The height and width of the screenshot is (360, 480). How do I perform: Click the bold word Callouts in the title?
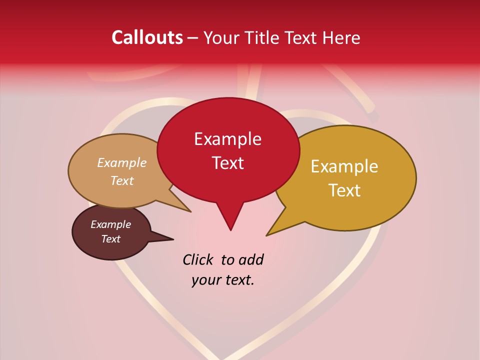(x=147, y=37)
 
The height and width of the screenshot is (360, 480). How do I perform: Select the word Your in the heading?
(x=222, y=37)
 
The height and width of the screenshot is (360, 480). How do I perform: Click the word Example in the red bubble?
(x=227, y=139)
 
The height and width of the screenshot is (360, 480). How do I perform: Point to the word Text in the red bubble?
(x=227, y=163)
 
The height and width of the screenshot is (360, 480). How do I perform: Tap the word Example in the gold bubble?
(x=344, y=166)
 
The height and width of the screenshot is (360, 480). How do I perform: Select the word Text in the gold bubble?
(x=344, y=190)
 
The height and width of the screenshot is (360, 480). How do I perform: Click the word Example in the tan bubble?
(x=121, y=162)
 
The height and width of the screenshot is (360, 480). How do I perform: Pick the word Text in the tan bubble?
(x=121, y=180)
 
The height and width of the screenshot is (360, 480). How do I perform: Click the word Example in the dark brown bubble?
(x=110, y=224)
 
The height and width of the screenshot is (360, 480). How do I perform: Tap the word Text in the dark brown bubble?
(x=110, y=239)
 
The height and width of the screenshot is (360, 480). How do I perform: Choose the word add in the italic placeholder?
(x=251, y=259)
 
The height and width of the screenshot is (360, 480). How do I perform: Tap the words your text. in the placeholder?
(x=223, y=280)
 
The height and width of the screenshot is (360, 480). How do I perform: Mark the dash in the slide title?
(x=193, y=37)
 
